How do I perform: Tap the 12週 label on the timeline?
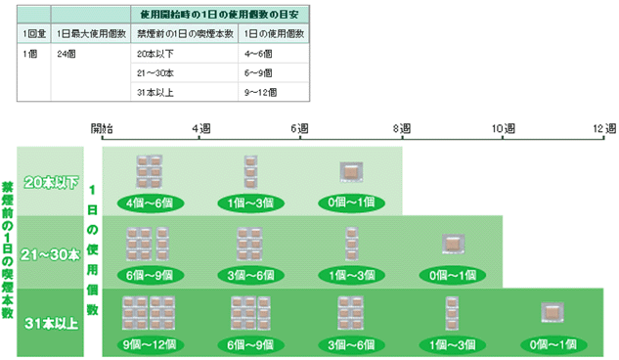point(603,127)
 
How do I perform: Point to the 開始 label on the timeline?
point(102,127)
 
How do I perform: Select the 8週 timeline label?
point(400,127)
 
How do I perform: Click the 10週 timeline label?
point(503,127)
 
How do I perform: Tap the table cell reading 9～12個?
point(259,93)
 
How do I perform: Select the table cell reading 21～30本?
point(155,73)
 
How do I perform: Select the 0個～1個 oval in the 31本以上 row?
point(553,343)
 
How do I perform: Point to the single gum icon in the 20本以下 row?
point(350,171)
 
